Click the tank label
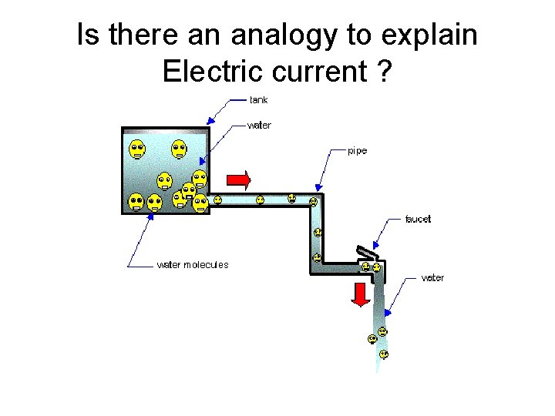click(x=258, y=99)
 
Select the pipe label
click(x=357, y=151)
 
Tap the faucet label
click(x=418, y=219)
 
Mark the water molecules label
click(x=193, y=264)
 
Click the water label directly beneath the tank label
click(x=260, y=124)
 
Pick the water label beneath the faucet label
click(x=432, y=277)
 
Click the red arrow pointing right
click(x=239, y=180)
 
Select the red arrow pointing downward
click(x=360, y=294)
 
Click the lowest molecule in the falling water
click(x=383, y=354)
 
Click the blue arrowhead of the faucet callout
click(x=376, y=242)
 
